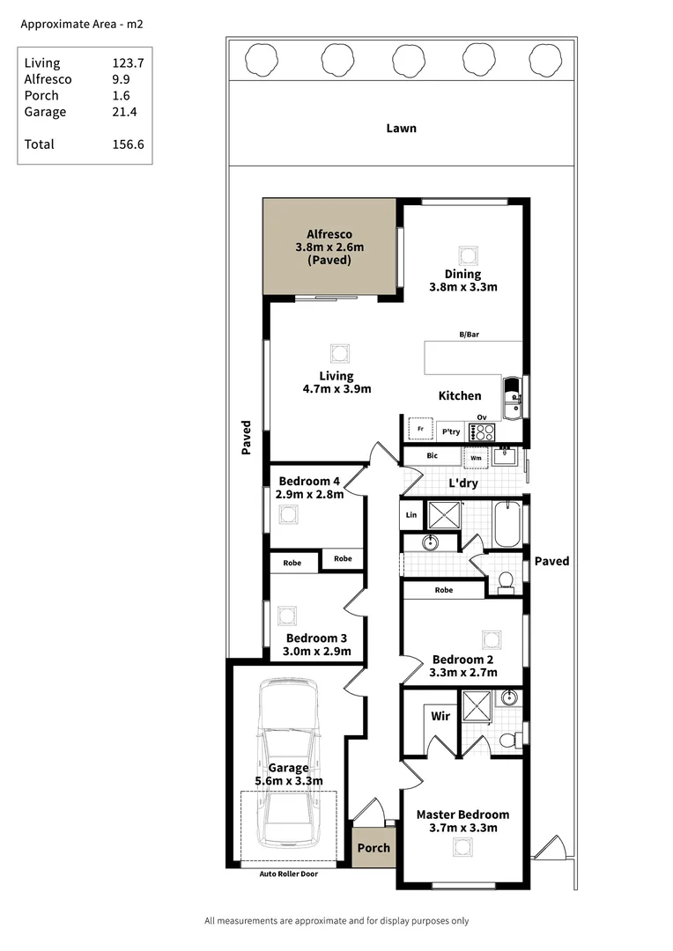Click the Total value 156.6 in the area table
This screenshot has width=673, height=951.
[128, 144]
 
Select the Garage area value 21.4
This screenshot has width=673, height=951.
[125, 112]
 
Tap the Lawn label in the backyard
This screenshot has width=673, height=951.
[401, 129]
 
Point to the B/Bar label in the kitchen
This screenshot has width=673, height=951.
[469, 335]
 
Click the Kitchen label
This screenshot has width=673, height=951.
[460, 396]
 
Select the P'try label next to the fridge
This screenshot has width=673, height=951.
[451, 431]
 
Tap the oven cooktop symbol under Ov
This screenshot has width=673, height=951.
[483, 432]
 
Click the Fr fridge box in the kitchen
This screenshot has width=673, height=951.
[421, 430]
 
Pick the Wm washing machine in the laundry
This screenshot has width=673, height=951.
[476, 458]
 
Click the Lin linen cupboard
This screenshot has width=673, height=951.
[410, 514]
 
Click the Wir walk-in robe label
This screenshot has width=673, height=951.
[440, 716]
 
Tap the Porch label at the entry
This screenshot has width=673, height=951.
[373, 848]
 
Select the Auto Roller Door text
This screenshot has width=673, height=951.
[288, 874]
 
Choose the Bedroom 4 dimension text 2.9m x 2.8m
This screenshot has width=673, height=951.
[309, 495]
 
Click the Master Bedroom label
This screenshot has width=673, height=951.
[462, 815]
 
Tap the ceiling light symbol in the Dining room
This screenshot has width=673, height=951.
[467, 255]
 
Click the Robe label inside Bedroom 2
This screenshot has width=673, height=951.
[444, 590]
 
